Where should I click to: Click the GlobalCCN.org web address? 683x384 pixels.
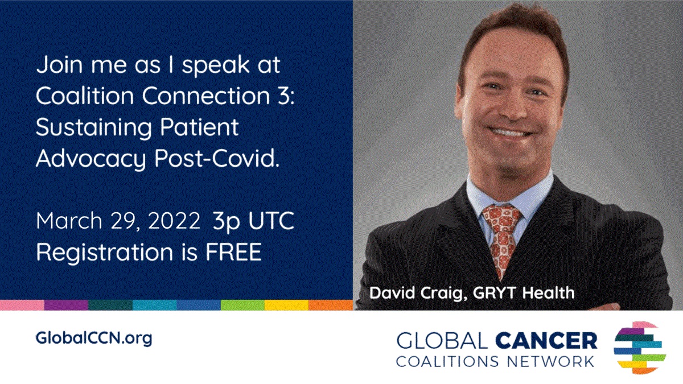(x=94, y=338)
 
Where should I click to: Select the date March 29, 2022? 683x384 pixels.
(x=118, y=222)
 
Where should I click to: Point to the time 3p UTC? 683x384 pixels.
(x=253, y=221)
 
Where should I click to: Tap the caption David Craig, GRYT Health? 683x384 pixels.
(x=472, y=294)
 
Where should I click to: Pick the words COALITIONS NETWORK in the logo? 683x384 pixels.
(x=496, y=361)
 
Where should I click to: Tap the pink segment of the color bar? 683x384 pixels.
(x=22, y=305)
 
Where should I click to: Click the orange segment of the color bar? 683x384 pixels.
(x=331, y=305)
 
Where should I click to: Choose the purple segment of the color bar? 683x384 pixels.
(x=66, y=305)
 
